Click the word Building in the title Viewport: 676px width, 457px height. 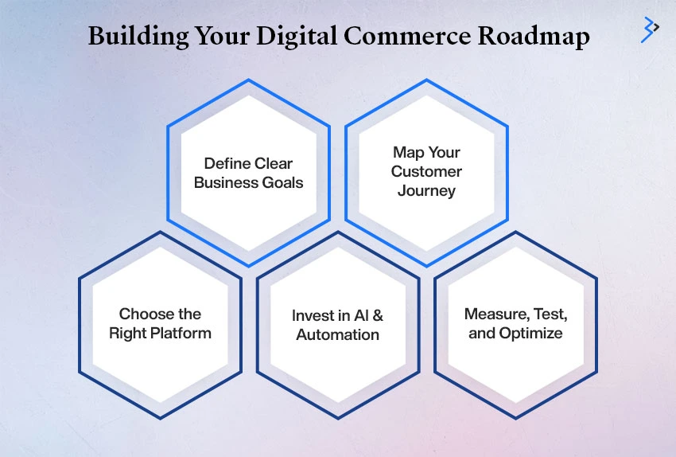click(138, 37)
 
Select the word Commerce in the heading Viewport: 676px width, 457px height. click(407, 36)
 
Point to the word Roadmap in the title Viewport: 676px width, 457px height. click(534, 37)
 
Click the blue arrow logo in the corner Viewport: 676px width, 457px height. click(650, 29)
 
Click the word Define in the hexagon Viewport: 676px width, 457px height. click(227, 163)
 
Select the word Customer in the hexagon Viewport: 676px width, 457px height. click(426, 171)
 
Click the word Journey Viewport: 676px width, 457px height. click(426, 191)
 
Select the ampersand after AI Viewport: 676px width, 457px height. click(378, 315)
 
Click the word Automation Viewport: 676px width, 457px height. click(337, 334)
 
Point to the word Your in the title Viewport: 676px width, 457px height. click(223, 37)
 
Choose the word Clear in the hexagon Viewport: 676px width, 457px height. click(274, 163)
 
